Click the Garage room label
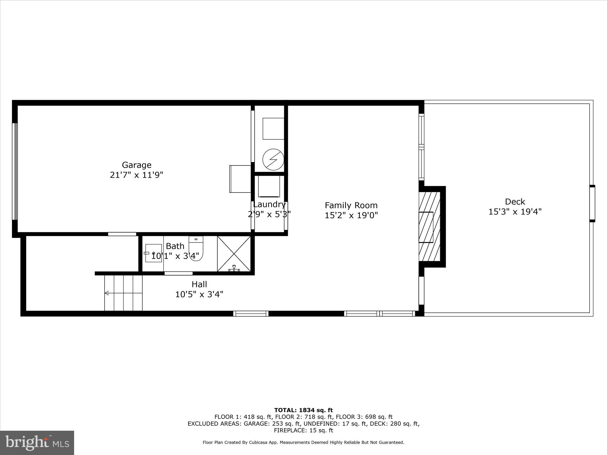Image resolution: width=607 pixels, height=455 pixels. pyautogui.click(x=137, y=165)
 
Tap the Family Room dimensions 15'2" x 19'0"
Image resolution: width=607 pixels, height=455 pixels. pyautogui.click(x=351, y=215)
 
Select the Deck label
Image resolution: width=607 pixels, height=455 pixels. pyautogui.click(x=515, y=202)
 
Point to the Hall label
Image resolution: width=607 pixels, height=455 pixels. pyautogui.click(x=199, y=284)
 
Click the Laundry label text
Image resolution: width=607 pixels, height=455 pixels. pyautogui.click(x=269, y=204)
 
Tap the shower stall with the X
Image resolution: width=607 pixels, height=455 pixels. pyautogui.click(x=234, y=254)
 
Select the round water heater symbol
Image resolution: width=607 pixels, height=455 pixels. pyautogui.click(x=273, y=159)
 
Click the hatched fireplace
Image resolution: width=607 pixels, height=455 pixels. pyautogui.click(x=429, y=227)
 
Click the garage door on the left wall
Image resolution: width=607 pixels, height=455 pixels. pyautogui.click(x=15, y=172)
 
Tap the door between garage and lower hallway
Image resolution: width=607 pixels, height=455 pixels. pyautogui.click(x=122, y=234)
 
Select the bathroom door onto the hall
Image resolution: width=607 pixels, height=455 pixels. pyautogui.click(x=178, y=273)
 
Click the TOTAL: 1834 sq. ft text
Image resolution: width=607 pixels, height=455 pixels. pyautogui.click(x=303, y=410)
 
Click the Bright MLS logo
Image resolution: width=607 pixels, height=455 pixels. pyautogui.click(x=37, y=443)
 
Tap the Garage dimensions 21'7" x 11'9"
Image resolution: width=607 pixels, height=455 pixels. pyautogui.click(x=137, y=175)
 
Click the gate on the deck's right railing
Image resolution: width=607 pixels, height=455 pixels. pyautogui.click(x=592, y=204)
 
